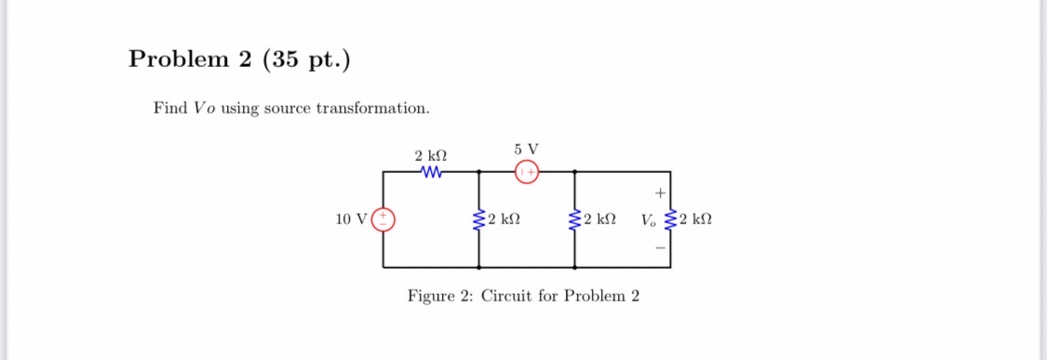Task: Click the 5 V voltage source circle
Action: [527, 171]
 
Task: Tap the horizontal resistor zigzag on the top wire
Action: [431, 171]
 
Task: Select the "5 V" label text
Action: [526, 148]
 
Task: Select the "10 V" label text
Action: [352, 220]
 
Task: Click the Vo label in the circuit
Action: [650, 220]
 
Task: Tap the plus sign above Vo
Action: [660, 193]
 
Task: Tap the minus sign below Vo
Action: [660, 247]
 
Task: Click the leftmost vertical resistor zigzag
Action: [479, 220]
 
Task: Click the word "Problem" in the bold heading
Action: [177, 60]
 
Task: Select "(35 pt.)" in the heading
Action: [307, 60]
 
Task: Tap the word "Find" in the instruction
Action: [170, 109]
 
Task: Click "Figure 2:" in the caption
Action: [441, 296]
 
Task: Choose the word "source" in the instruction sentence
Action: [288, 109]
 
